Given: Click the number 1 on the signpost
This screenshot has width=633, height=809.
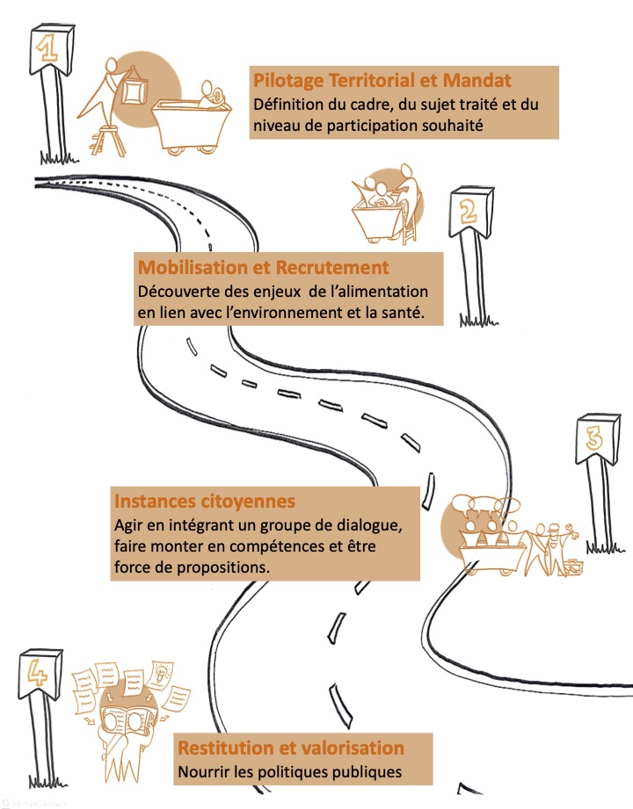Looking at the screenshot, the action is tap(47, 49).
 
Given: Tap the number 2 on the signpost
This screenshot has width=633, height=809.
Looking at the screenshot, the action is tap(468, 211).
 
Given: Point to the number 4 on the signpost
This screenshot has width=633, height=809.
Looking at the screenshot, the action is tap(37, 673).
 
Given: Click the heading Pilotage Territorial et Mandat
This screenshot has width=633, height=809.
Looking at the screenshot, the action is tap(382, 81).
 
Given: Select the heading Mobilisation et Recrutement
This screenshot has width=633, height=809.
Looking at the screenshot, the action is tap(264, 267).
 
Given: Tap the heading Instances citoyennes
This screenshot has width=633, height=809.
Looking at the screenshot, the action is tap(205, 501).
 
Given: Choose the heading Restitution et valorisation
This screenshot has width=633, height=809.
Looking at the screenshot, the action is tap(291, 748).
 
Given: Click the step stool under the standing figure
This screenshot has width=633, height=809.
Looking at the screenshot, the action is tap(107, 140).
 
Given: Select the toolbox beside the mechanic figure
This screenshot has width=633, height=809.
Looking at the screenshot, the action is tap(575, 567).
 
